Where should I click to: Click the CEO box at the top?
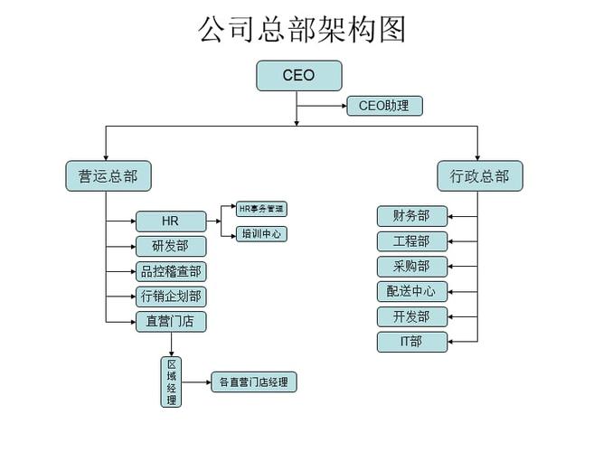tap(298, 76)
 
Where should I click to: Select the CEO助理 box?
tap(383, 106)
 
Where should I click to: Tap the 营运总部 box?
tap(108, 176)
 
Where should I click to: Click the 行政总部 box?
tap(479, 176)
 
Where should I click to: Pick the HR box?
tap(171, 221)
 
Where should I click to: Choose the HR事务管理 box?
tap(261, 209)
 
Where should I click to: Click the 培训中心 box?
tap(261, 234)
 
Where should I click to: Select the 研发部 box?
tap(171, 246)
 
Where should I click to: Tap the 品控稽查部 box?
tap(171, 271)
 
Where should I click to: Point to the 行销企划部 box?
tap(171, 296)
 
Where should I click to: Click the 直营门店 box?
tap(171, 321)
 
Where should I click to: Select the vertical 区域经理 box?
tap(171, 381)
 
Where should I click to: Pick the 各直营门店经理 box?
tap(253, 382)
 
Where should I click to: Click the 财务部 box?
tap(411, 216)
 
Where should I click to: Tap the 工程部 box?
tap(411, 241)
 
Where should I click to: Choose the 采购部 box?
tap(411, 267)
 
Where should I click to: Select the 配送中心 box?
tap(411, 291)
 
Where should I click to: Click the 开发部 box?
tap(411, 316)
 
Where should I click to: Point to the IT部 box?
tap(411, 342)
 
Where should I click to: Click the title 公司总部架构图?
tap(302, 29)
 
